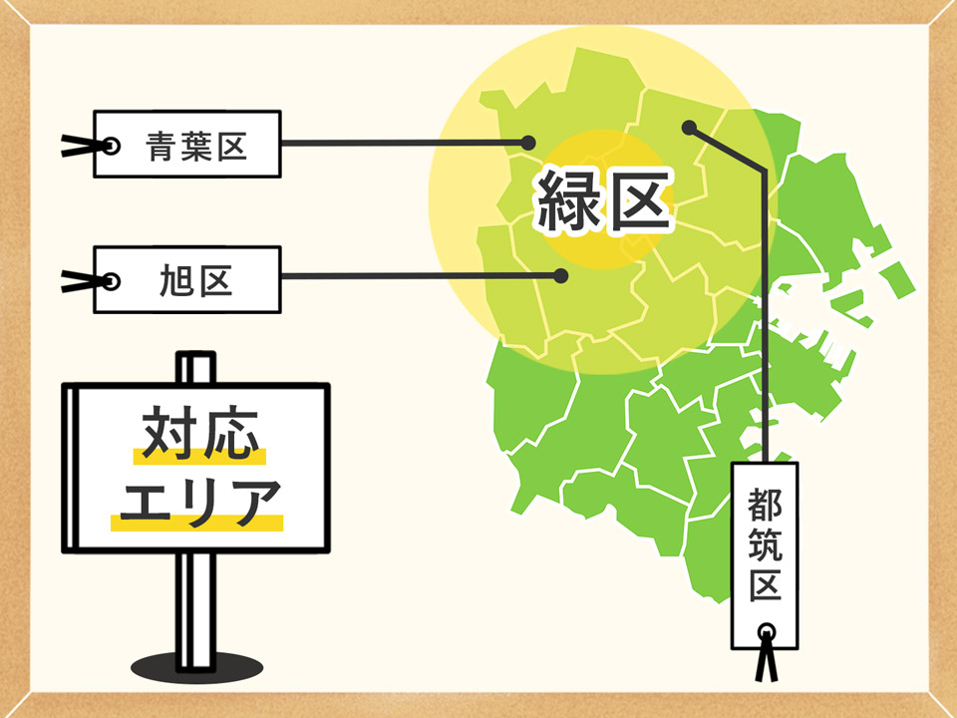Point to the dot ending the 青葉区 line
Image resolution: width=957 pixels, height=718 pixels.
(x=529, y=144)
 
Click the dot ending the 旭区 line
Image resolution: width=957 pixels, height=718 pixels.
(x=560, y=275)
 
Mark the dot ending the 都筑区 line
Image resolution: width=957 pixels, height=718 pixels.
(x=688, y=127)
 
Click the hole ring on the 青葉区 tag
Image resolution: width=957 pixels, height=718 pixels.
(x=112, y=146)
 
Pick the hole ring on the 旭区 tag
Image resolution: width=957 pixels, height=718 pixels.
(x=112, y=280)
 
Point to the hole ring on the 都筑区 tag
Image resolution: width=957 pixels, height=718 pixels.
(x=766, y=630)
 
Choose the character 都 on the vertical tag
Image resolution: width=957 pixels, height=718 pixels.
(x=766, y=501)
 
